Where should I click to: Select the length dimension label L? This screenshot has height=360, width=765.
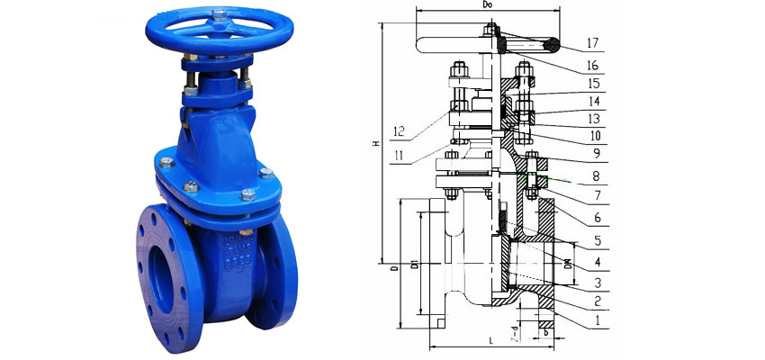click(490, 343)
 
